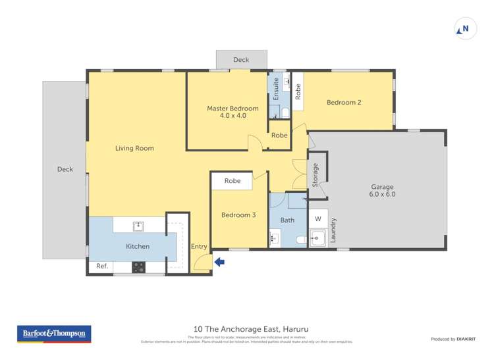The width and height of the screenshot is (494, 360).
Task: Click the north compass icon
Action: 465,29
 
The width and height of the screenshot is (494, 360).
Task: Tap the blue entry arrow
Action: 219,262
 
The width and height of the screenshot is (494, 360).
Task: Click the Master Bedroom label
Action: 233,112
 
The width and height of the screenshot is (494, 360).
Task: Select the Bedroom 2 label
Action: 344,102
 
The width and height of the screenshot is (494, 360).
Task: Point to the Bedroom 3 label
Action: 238,215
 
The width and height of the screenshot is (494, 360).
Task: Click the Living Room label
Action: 134,148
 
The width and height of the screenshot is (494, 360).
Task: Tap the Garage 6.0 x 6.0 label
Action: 382,191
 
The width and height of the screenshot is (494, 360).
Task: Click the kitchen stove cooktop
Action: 139,267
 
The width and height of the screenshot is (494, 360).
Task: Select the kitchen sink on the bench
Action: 138,226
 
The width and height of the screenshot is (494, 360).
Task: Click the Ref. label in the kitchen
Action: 102,267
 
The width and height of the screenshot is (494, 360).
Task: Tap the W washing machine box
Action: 317,219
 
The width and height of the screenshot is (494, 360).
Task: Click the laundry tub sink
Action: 317,238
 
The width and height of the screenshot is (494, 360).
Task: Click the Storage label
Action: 316,175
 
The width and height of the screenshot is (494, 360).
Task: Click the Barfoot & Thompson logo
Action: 54,334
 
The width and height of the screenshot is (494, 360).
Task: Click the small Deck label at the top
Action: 241,60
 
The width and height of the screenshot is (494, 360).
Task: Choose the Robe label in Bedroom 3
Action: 232,181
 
